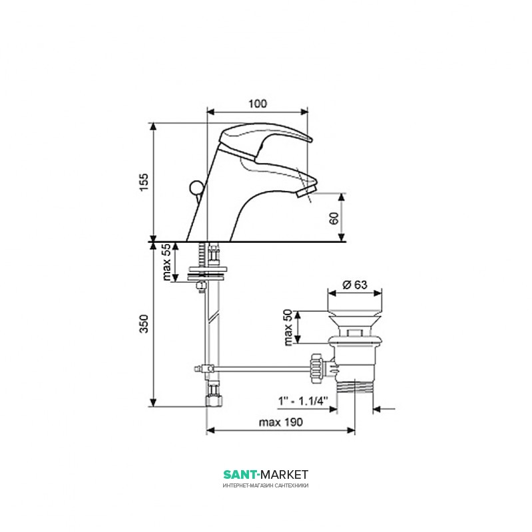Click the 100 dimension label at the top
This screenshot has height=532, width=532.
[x=258, y=104]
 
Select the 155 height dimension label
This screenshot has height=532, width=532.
[x=144, y=182]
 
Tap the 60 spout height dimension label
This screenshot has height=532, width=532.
[x=334, y=218]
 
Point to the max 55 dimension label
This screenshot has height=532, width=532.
[x=167, y=262]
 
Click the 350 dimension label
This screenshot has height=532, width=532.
[x=144, y=324]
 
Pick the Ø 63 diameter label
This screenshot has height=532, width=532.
[x=355, y=285]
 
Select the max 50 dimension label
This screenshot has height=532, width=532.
[x=288, y=327]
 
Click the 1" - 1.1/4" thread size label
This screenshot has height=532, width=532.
[x=303, y=401]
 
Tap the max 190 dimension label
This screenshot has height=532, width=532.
[x=280, y=422]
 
